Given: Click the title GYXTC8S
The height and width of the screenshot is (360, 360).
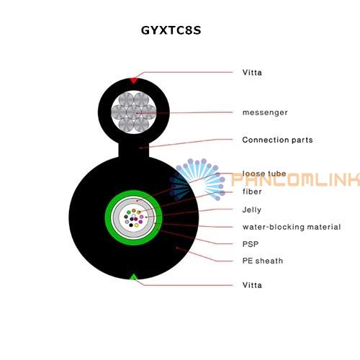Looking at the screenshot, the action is (171, 30).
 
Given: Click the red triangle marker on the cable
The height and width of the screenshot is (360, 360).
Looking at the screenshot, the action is (134, 81).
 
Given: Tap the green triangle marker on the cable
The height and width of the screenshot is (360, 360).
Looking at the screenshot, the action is (133, 277).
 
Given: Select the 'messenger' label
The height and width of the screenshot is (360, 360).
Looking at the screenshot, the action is (265, 112).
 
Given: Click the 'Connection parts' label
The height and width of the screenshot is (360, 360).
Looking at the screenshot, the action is (277, 140).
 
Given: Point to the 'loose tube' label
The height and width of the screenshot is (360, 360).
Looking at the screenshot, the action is (264, 174).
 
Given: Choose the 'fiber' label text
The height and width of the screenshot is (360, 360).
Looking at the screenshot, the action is (252, 192).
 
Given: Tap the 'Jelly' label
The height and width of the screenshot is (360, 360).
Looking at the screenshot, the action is (252, 210).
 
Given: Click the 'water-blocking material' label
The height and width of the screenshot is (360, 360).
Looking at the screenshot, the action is (292, 227).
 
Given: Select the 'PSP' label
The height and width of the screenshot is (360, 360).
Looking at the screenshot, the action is (251, 244).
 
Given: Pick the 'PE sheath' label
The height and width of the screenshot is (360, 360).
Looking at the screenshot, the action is (263, 261).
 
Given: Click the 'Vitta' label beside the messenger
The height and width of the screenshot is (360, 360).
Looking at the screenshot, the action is (252, 72).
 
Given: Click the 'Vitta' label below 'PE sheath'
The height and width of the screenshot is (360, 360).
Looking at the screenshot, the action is (252, 285).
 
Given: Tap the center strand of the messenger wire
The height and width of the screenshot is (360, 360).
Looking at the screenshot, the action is (134, 112).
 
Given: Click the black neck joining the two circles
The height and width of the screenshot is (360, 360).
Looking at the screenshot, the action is (134, 150).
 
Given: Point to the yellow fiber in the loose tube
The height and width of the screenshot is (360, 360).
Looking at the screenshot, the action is (136, 225).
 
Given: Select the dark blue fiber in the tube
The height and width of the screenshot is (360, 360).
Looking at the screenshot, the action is (132, 219).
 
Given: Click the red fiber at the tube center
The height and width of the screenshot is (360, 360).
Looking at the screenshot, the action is (136, 219).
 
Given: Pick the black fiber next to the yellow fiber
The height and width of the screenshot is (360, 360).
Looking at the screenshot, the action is (131, 225).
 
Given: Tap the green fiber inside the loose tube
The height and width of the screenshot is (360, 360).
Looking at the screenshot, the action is (129, 212).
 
